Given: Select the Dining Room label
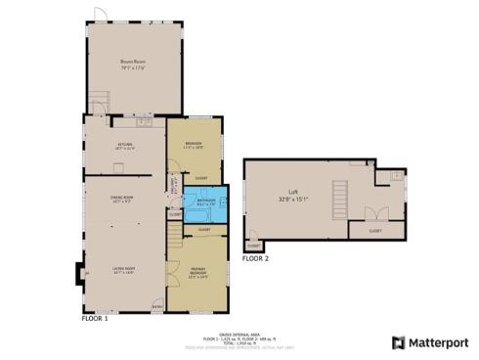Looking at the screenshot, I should [121, 198].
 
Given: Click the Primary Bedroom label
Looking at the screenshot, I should [199, 271].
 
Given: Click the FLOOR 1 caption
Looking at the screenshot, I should [94, 318].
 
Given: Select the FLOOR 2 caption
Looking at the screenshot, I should [254, 259].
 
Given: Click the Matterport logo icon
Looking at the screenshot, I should [398, 342].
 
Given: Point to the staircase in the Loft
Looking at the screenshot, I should [338, 201].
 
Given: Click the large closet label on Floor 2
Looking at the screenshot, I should [375, 231].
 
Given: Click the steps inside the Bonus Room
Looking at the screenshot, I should [98, 100].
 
